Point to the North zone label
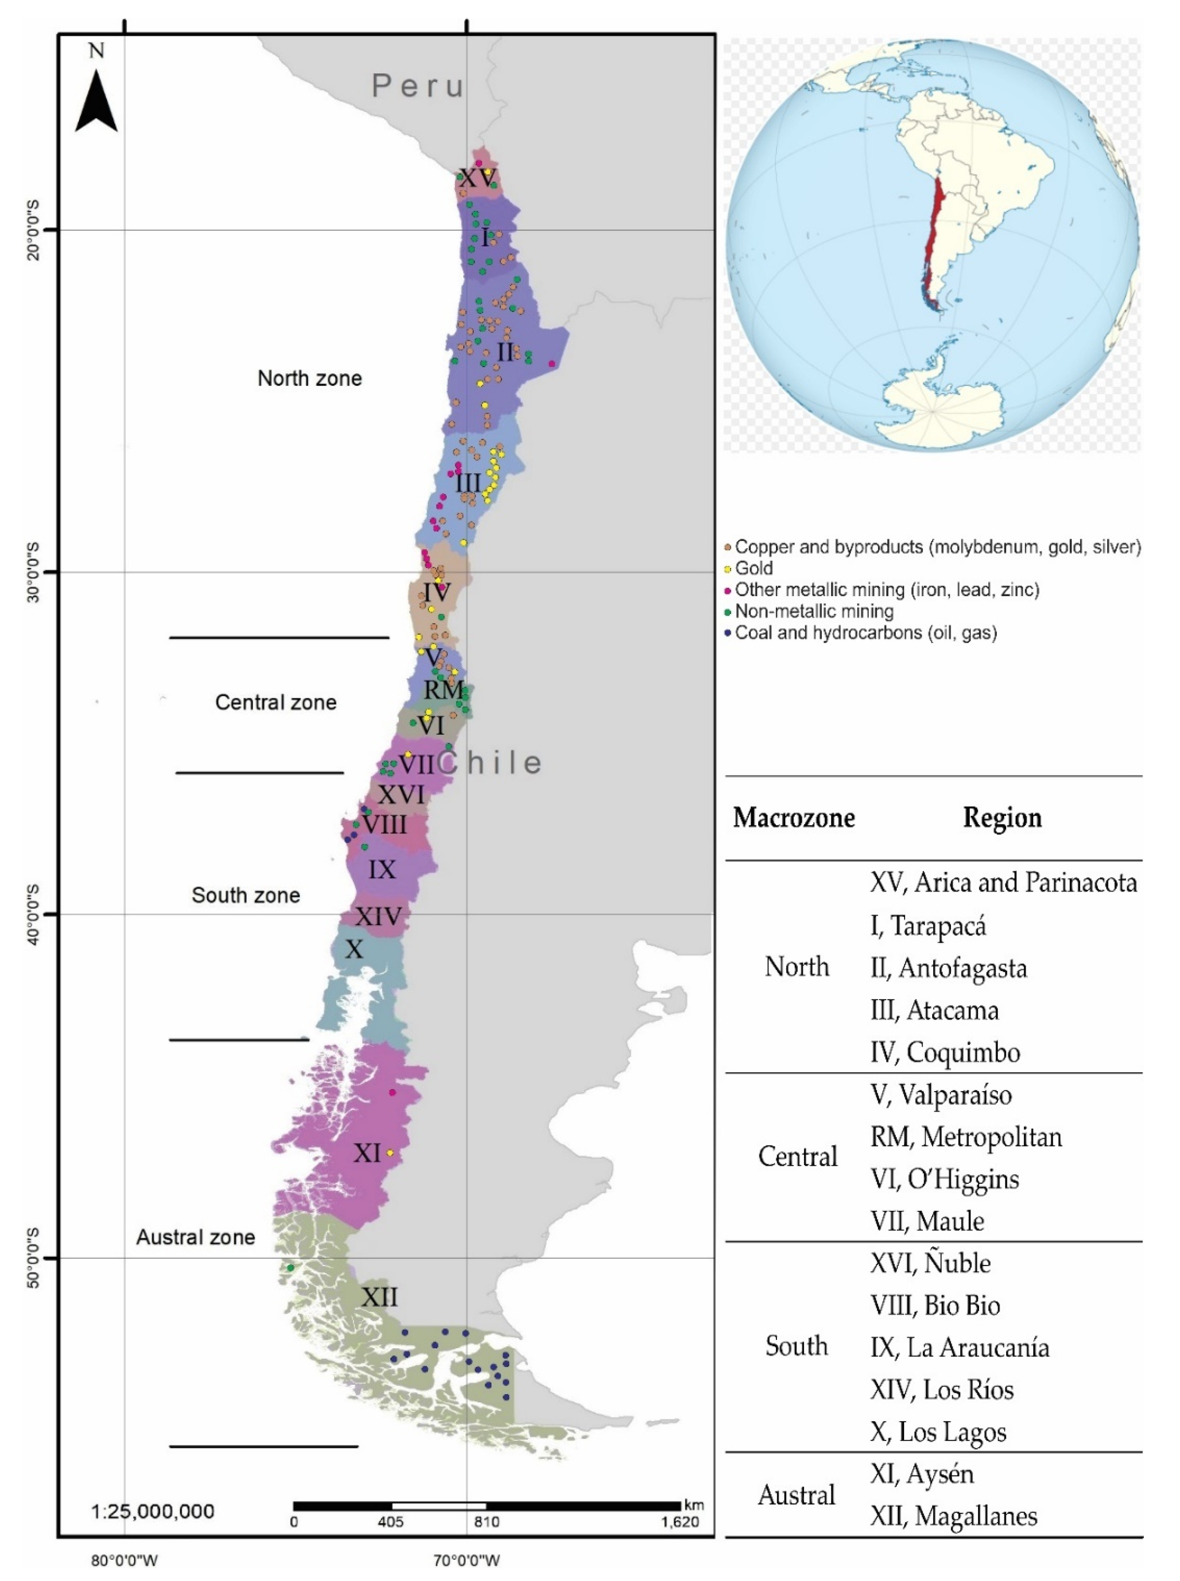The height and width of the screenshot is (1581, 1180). (309, 378)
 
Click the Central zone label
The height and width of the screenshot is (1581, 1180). (276, 703)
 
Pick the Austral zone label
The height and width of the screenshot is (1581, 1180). (196, 1238)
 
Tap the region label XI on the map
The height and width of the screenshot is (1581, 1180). (367, 1153)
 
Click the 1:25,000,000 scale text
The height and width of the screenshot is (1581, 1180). (153, 1512)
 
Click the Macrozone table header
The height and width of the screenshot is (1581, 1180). (794, 818)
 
